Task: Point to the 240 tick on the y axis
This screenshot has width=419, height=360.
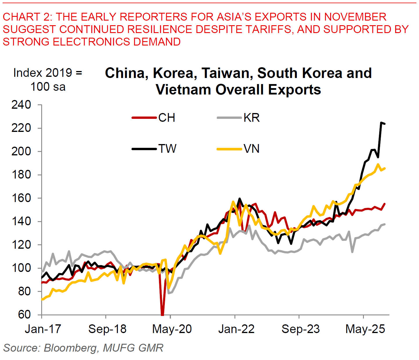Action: coord(21,105)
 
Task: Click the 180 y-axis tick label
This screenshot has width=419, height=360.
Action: coord(21,175)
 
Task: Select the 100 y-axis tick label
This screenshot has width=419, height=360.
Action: coord(21,268)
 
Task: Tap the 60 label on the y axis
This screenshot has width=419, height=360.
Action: coord(24,314)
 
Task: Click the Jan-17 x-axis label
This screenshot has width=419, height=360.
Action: coord(43,329)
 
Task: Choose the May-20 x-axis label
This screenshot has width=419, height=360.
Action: coord(172,329)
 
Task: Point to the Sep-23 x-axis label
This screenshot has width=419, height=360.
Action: coord(301,329)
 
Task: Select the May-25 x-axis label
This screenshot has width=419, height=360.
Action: coord(365,329)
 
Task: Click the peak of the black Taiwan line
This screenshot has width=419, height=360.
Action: coord(381,123)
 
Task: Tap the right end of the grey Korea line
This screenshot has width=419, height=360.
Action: coord(385,224)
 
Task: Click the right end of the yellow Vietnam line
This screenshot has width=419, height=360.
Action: coord(385,168)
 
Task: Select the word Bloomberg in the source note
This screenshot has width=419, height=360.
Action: coord(71,348)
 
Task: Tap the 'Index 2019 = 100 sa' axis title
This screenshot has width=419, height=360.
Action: coord(48,80)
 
